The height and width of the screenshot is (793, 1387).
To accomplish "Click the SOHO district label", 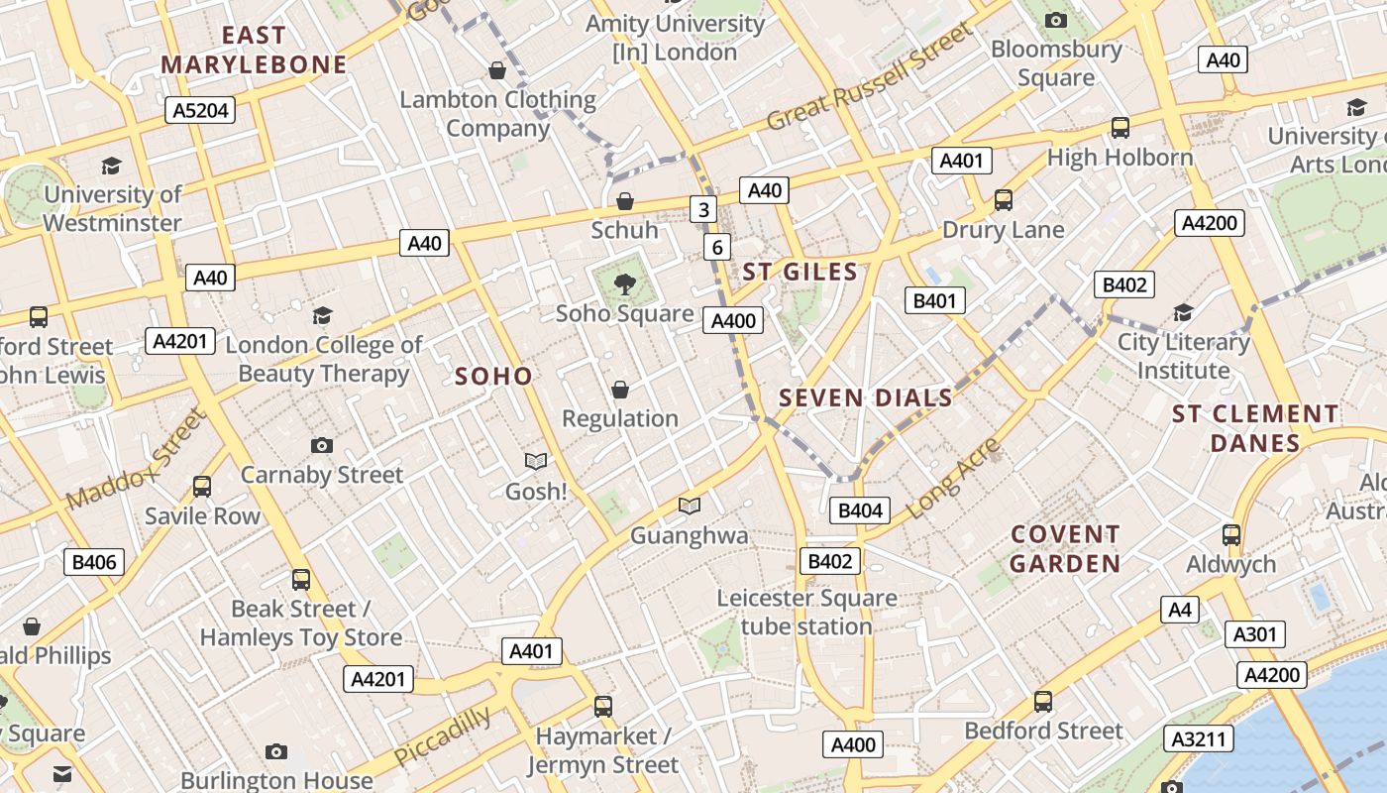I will (493, 376).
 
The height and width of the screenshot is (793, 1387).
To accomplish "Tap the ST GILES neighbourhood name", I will (800, 272).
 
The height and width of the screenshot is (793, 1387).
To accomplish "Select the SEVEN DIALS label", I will (865, 398).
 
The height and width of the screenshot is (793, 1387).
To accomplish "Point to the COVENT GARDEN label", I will (1065, 549).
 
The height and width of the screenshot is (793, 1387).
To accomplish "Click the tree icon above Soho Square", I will (624, 285).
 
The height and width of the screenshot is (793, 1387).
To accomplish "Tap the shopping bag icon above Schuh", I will (625, 201).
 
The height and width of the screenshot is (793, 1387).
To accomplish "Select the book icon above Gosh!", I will (536, 461).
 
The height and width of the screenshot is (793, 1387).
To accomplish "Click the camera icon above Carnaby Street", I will (321, 445).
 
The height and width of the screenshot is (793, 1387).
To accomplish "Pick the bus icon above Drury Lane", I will (1004, 200).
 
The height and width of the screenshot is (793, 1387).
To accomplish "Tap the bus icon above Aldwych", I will (1231, 535).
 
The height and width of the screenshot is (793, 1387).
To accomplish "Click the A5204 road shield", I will (200, 110).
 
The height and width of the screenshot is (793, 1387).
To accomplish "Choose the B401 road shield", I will (935, 300).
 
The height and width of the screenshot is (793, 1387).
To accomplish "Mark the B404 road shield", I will (860, 510).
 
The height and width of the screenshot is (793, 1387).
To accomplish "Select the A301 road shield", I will (1255, 634).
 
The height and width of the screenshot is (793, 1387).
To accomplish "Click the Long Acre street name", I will (953, 478).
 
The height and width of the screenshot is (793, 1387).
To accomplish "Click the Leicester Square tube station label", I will (806, 613).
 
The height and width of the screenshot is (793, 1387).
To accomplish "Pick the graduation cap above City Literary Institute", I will (1183, 313).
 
